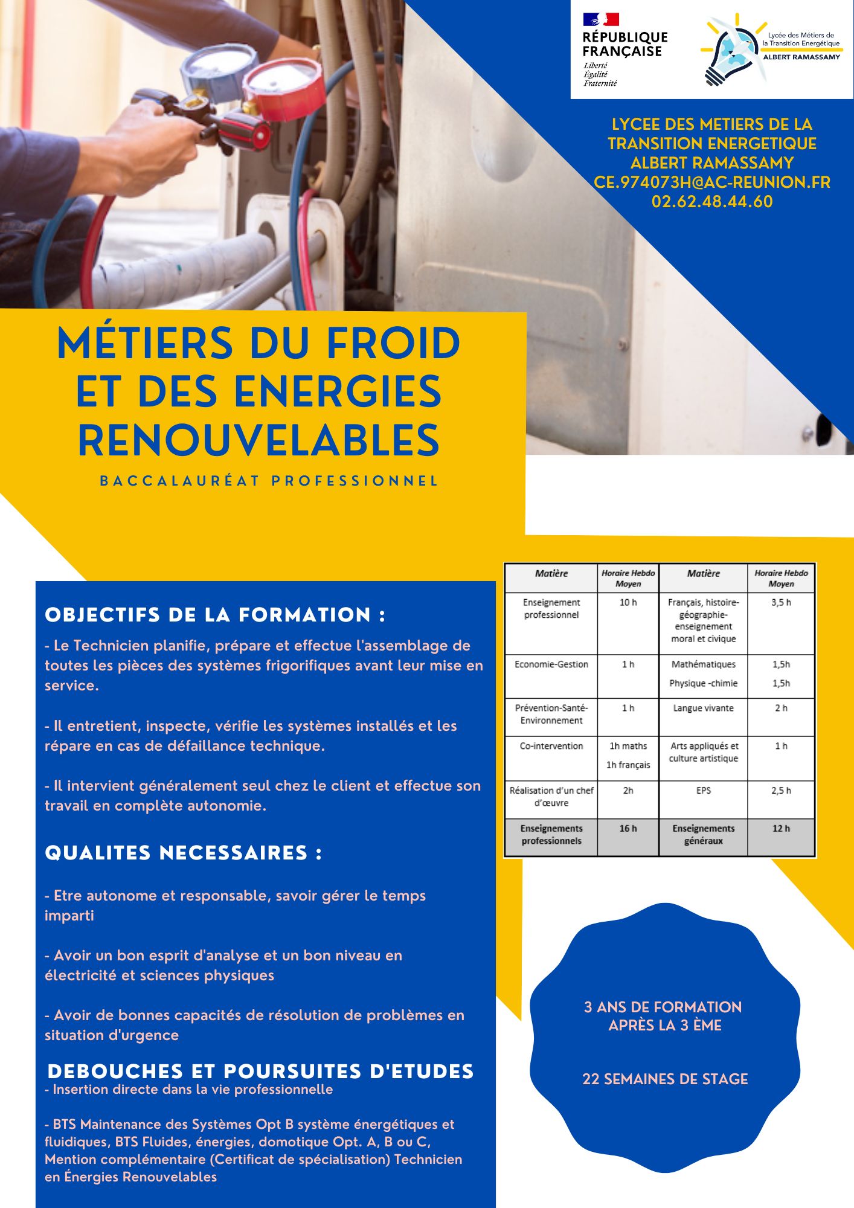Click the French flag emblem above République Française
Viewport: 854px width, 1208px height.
[600, 19]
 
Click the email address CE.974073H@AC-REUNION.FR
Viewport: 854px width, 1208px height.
[712, 182]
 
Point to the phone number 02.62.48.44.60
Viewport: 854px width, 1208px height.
[712, 202]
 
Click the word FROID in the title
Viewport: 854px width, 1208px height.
[393, 343]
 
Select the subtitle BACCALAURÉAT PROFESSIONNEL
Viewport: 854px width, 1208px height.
[269, 481]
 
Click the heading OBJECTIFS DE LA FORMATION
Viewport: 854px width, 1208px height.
[215, 615]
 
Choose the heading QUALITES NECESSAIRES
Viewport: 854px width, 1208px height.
[183, 853]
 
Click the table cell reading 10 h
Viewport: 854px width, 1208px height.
[628, 603]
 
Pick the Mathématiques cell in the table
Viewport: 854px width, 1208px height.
[703, 664]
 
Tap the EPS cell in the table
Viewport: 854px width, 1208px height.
[703, 791]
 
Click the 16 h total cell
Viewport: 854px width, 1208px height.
[628, 829]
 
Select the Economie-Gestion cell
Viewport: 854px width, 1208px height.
[551, 664]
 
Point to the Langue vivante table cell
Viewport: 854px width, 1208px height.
[703, 708]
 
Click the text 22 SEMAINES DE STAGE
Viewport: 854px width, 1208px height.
[665, 1079]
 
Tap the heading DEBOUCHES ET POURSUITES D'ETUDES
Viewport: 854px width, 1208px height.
[260, 1071]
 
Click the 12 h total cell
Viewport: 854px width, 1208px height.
[781, 829]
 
